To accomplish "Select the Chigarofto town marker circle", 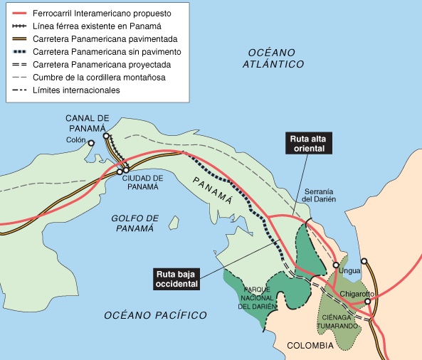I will coord(368,301).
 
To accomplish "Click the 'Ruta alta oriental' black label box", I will coord(306,143).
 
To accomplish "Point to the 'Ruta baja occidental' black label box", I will coord(176,278).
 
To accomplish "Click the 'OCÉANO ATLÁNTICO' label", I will coord(273,58).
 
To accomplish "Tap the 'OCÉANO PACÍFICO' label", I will coord(155,315).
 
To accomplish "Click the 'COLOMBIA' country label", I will coord(310,346).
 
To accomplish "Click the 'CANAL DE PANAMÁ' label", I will coord(87,122).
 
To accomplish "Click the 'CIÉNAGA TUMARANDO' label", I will coord(339,322).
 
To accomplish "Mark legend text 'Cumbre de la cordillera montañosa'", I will coord(111,78).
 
